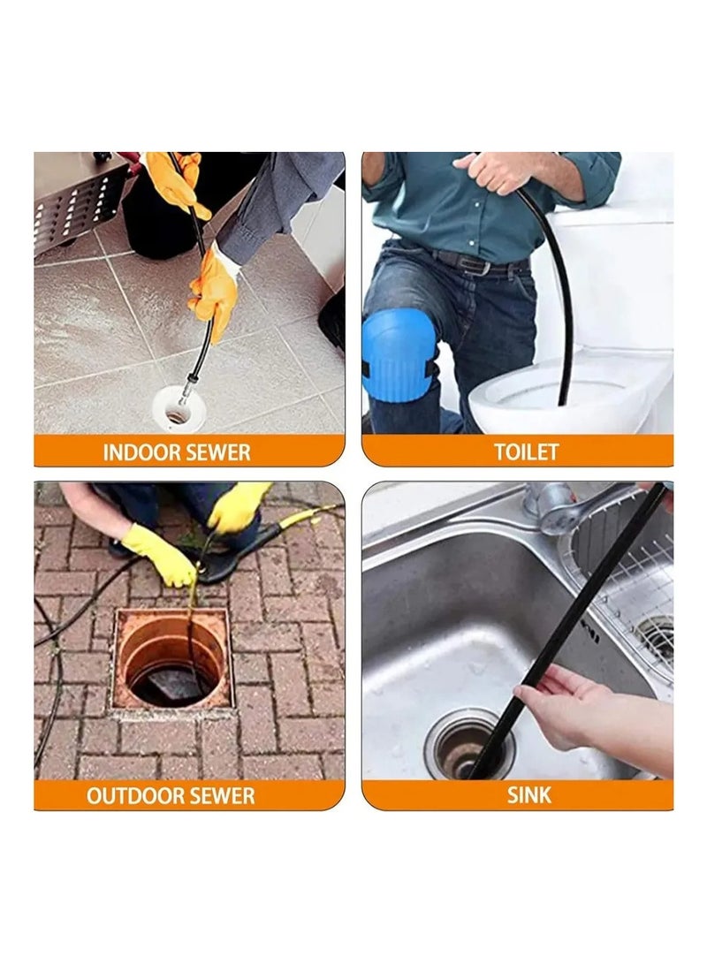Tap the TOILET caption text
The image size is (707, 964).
pos(526,452)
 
